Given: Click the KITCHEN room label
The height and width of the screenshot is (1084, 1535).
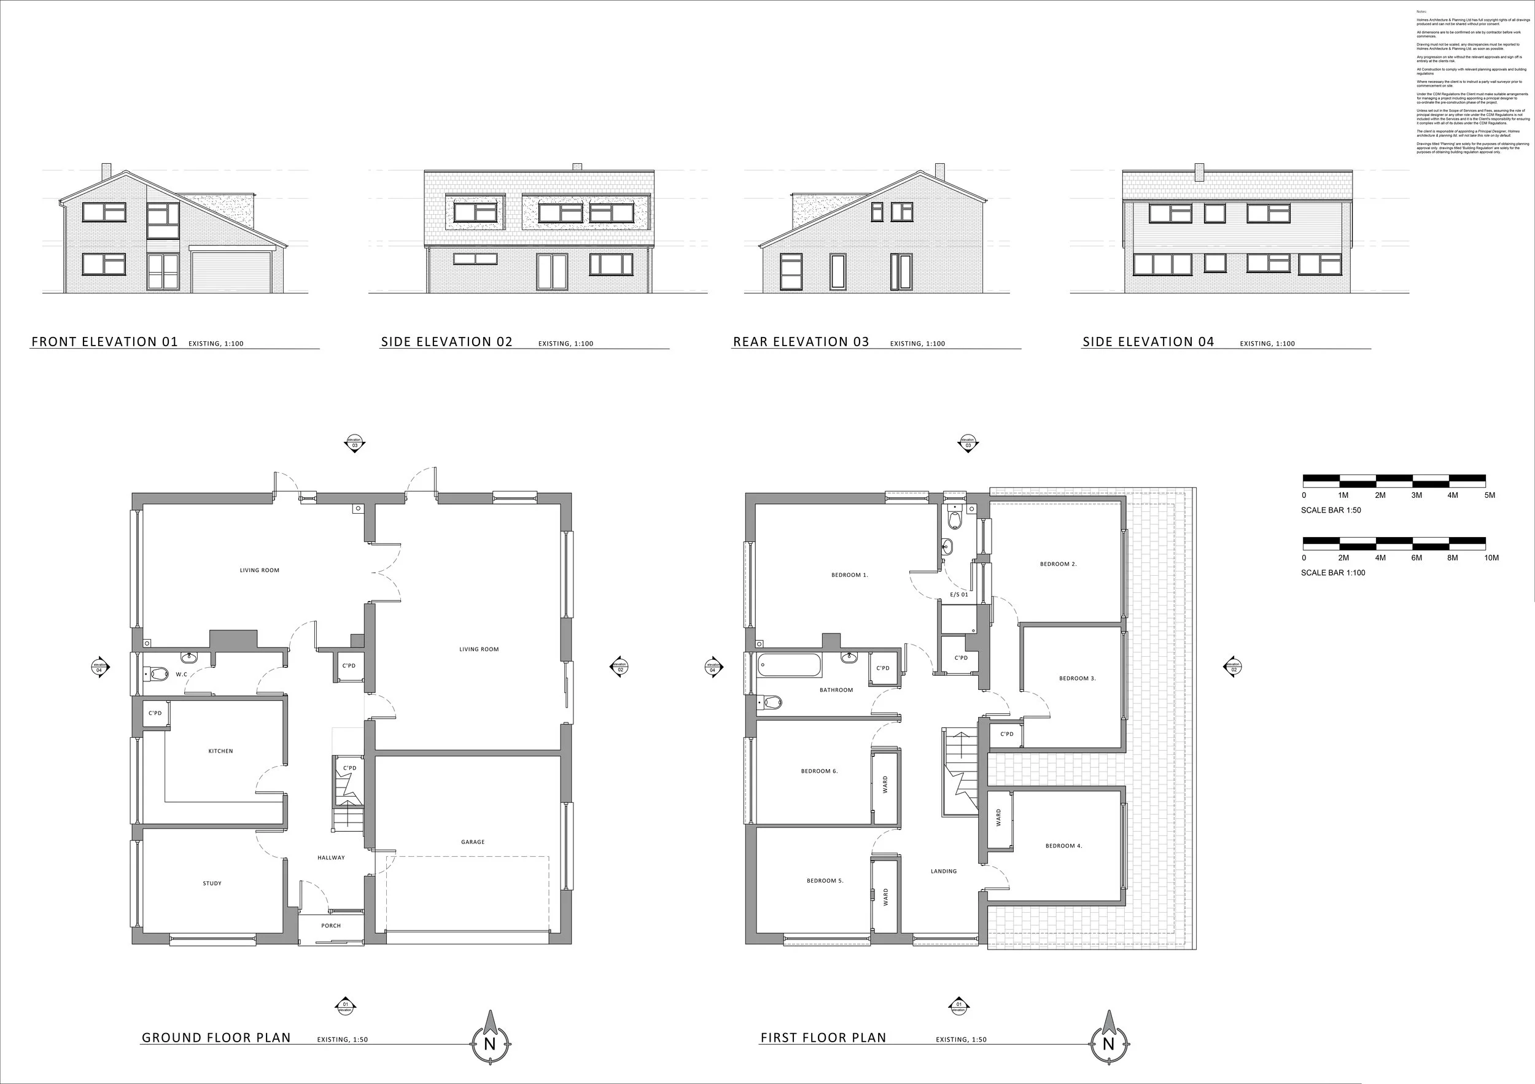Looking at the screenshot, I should coord(220,751).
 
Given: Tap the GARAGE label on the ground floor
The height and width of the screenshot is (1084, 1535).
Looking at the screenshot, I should coord(473,842).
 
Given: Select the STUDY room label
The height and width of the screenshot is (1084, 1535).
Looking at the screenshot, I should coord(212,883).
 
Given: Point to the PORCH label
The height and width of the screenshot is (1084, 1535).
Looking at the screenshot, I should coord(331,926).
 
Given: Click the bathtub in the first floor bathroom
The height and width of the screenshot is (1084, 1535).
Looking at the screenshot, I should coord(789,665).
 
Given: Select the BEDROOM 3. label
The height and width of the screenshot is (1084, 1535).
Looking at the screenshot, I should coord(1077,678).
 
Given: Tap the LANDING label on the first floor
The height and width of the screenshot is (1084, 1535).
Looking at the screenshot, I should coord(943,872).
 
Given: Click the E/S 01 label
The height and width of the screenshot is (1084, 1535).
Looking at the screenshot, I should coord(958,595).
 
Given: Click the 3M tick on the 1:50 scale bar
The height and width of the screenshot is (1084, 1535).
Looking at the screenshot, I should coord(1416,495).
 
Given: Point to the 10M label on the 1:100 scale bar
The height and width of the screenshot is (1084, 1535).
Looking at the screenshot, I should coord(1491,557).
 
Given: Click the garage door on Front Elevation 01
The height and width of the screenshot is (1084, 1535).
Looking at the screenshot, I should coord(231,271).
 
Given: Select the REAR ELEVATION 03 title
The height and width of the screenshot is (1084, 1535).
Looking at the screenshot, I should coord(801,342).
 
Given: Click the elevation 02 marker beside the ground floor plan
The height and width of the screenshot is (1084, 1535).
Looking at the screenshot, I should coord(619,667).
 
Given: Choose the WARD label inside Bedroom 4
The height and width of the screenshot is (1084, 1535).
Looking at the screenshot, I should coord(999,818).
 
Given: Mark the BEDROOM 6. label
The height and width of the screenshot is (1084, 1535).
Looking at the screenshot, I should coord(819,771).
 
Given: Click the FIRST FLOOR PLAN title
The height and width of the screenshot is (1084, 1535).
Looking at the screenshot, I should coord(823,1038).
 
